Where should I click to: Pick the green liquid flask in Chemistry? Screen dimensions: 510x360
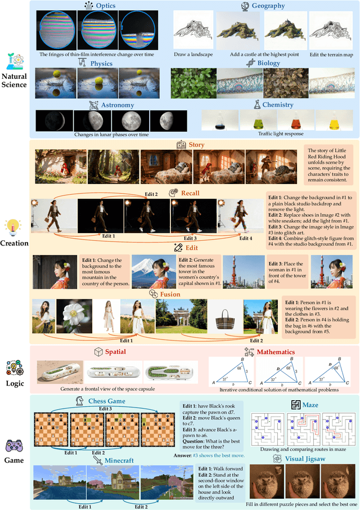256,120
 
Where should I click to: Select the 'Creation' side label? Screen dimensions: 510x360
15,243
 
